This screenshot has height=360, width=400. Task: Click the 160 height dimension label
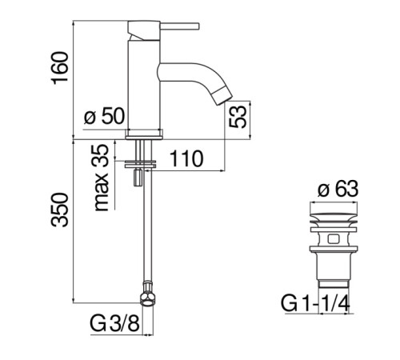(x=59, y=68)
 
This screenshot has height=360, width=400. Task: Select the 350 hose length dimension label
(x=59, y=210)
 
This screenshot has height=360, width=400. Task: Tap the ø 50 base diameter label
(x=104, y=116)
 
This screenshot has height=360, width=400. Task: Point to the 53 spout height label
(x=237, y=117)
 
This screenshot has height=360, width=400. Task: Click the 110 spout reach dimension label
(x=186, y=158)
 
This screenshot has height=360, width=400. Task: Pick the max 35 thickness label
(x=101, y=178)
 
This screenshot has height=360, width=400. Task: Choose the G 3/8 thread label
(x=115, y=324)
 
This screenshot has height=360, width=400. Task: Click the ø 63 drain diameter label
(x=338, y=190)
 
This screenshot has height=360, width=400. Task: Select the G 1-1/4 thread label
(x=315, y=304)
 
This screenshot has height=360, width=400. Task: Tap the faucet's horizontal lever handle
(x=180, y=26)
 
